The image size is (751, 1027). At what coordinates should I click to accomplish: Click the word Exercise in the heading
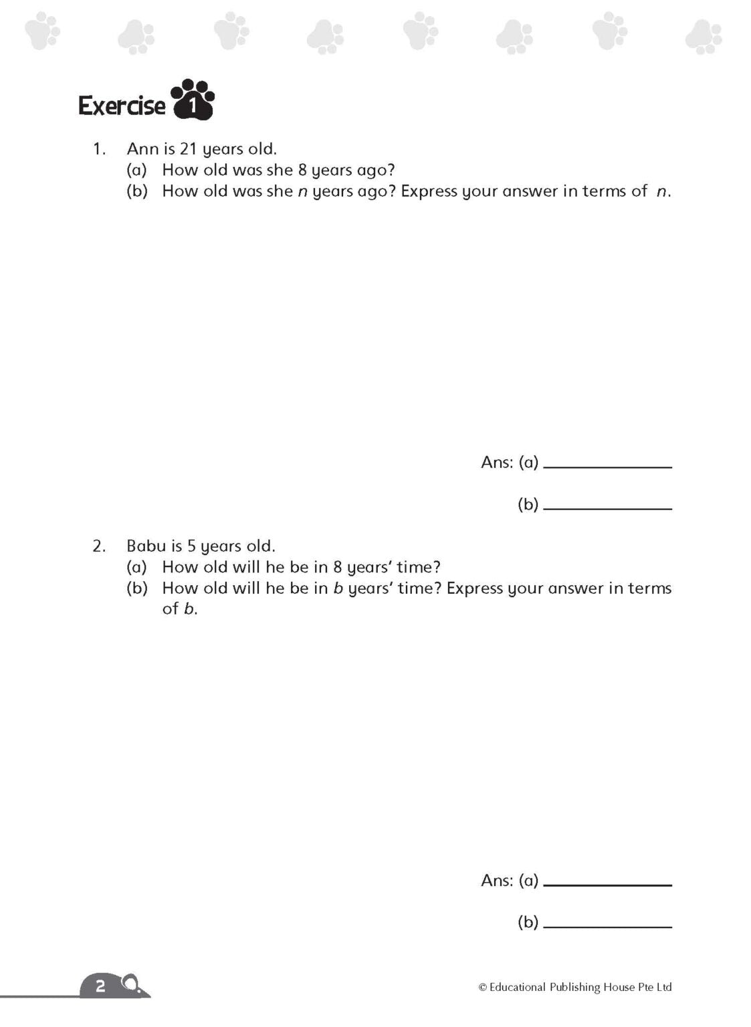pos(122,106)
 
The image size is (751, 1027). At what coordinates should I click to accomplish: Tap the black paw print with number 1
pos(193,101)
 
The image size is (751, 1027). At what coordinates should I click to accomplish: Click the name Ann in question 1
pos(142,148)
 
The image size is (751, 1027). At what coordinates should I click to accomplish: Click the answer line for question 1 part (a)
pos(607,466)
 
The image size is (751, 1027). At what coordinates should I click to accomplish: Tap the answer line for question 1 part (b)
pos(607,508)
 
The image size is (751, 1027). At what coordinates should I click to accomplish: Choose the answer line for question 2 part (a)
pos(607,884)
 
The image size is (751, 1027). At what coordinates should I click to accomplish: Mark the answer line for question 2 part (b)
pos(607,926)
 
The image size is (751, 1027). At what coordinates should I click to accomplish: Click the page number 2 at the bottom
pos(101,986)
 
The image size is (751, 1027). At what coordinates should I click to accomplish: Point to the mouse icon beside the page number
pos(132,985)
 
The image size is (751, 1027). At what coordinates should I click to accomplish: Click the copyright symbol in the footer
pos(482,987)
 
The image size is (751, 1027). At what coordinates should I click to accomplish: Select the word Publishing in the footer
pos(574,987)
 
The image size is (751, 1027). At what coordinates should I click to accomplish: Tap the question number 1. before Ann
pos(99,148)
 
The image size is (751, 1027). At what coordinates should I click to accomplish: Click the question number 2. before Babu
pos(99,546)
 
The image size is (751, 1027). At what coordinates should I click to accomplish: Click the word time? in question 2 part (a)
pos(418,567)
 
